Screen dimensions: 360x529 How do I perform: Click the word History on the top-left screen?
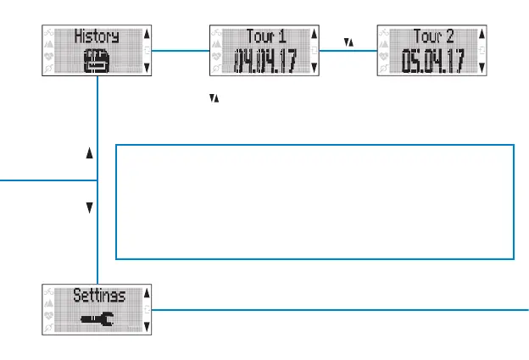[x=96, y=36]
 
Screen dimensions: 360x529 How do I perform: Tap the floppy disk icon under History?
[x=95, y=61]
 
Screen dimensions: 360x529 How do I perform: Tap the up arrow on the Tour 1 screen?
[x=315, y=36]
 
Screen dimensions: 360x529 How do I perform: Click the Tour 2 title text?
[x=434, y=36]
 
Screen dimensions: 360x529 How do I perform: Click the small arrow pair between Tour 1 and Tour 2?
[x=348, y=41]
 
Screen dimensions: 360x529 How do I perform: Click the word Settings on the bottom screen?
[x=98, y=296]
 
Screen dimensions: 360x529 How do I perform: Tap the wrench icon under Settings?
[x=95, y=319]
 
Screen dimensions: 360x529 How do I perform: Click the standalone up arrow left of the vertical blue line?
[x=88, y=155]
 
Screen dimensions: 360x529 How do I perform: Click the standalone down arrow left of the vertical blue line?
[x=88, y=207]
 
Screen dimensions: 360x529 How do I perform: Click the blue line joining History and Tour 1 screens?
[x=181, y=51]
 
